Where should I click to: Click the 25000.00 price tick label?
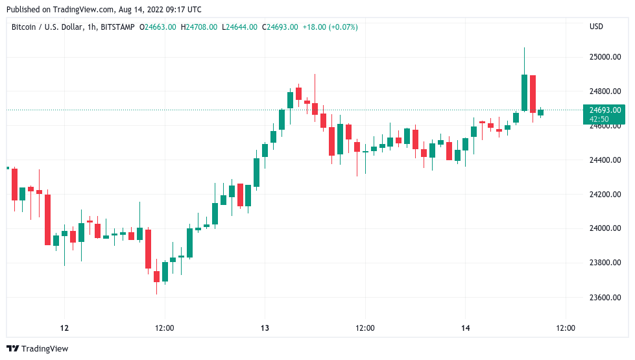click(x=605, y=57)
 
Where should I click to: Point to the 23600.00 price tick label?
click(x=605, y=297)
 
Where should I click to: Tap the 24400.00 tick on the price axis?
click(x=605, y=160)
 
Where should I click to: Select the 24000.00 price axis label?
click(x=605, y=228)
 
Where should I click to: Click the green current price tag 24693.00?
click(x=605, y=110)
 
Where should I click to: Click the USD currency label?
click(x=596, y=27)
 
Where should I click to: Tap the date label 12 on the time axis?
click(x=64, y=328)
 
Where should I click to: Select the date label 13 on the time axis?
click(x=264, y=328)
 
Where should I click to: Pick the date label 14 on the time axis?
click(x=465, y=328)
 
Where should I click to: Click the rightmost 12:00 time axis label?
click(x=566, y=328)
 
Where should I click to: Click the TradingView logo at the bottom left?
click(x=37, y=349)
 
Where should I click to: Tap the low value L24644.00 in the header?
click(x=239, y=27)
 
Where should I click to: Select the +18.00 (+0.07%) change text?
click(x=330, y=27)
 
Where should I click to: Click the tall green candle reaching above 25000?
click(x=524, y=92)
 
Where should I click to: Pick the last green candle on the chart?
click(x=540, y=112)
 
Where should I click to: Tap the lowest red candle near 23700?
click(x=156, y=276)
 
